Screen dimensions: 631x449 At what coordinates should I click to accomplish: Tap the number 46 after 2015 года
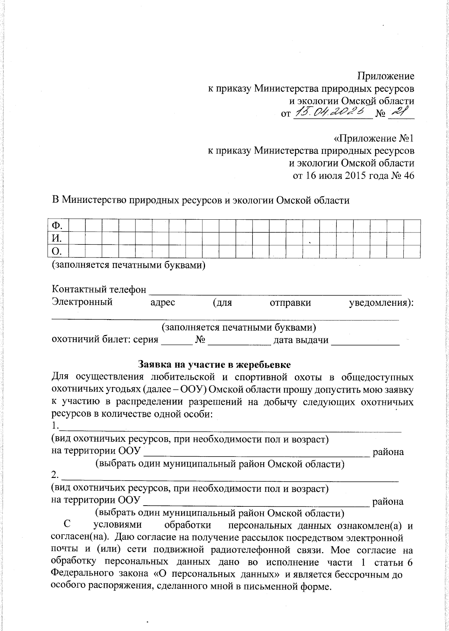click(409, 176)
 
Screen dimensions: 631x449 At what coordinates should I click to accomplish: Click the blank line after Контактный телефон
click(275, 290)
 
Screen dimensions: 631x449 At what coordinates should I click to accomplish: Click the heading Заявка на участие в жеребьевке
click(214, 364)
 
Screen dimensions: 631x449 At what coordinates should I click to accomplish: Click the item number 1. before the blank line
click(55, 426)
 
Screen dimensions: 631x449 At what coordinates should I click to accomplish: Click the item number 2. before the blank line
click(55, 476)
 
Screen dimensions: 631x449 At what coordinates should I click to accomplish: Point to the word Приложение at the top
click(386, 76)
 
